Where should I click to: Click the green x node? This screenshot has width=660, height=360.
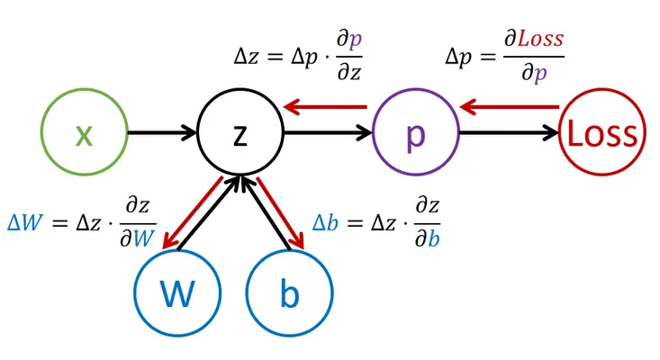(84, 131)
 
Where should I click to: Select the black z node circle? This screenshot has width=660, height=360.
(240, 131)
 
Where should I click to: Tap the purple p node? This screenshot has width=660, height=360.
(416, 131)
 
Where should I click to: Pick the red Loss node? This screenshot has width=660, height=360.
(601, 131)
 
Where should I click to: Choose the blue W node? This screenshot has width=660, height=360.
(177, 292)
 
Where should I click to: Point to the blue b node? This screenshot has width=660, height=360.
(290, 292)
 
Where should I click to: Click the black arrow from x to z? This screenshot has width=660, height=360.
(162, 133)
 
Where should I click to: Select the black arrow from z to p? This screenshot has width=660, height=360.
(328, 133)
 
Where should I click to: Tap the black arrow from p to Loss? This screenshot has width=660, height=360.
(509, 133)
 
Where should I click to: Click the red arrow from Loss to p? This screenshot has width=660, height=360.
(510, 107)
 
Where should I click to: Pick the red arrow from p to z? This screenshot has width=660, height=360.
(325, 107)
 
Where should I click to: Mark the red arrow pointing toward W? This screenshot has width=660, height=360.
(193, 212)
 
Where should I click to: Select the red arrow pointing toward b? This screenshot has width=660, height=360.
(280, 212)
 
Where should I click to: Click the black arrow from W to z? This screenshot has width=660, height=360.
(209, 213)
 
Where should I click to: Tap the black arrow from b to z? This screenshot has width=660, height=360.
(266, 213)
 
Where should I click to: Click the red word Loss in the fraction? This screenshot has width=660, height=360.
(540, 39)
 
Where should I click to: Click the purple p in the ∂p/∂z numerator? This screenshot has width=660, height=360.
(355, 40)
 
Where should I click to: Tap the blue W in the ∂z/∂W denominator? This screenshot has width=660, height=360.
(144, 238)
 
